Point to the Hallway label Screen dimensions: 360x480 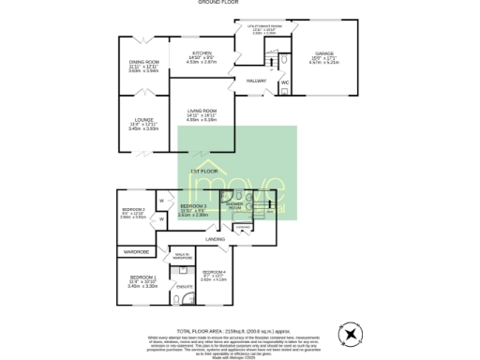pyautogui.click(x=256, y=82)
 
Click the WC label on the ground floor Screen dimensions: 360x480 pyautogui.click(x=285, y=83)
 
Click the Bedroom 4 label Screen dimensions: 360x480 pyautogui.click(x=213, y=272)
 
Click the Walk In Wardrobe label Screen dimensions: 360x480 pyautogui.click(x=182, y=255)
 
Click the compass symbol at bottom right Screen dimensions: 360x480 pyautogui.click(x=351, y=333)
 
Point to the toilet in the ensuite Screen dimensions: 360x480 pyautogui.click(x=177, y=300)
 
